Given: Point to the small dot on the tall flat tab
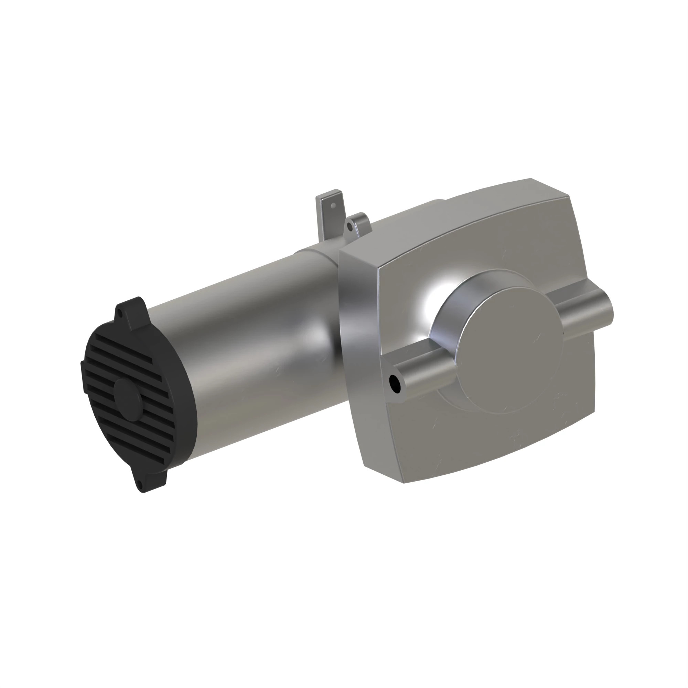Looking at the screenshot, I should pyautogui.click(x=333, y=205).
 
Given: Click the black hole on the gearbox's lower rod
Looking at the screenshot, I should pyautogui.click(x=394, y=384).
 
